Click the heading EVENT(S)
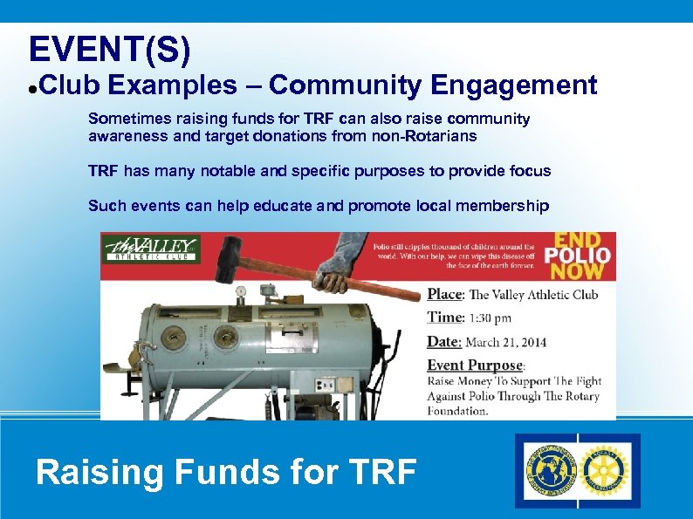pyautogui.click(x=109, y=50)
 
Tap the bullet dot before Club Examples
pyautogui.click(x=31, y=87)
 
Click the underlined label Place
pyautogui.click(x=444, y=295)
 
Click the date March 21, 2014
pyautogui.click(x=505, y=342)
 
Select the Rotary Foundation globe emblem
pyautogui.click(x=551, y=470)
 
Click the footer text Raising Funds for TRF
pyautogui.click(x=226, y=472)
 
